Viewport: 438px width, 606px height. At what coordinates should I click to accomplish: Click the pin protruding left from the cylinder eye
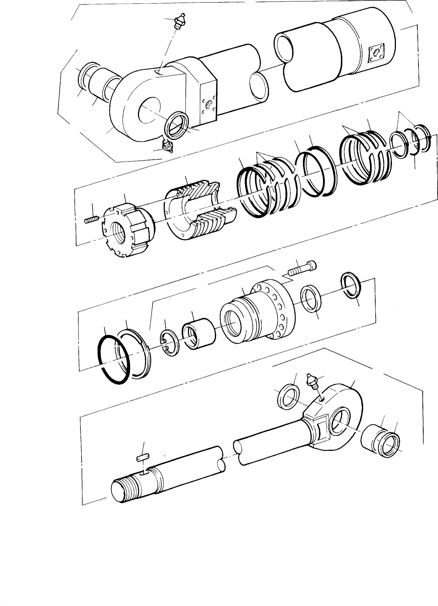click(99, 82)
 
